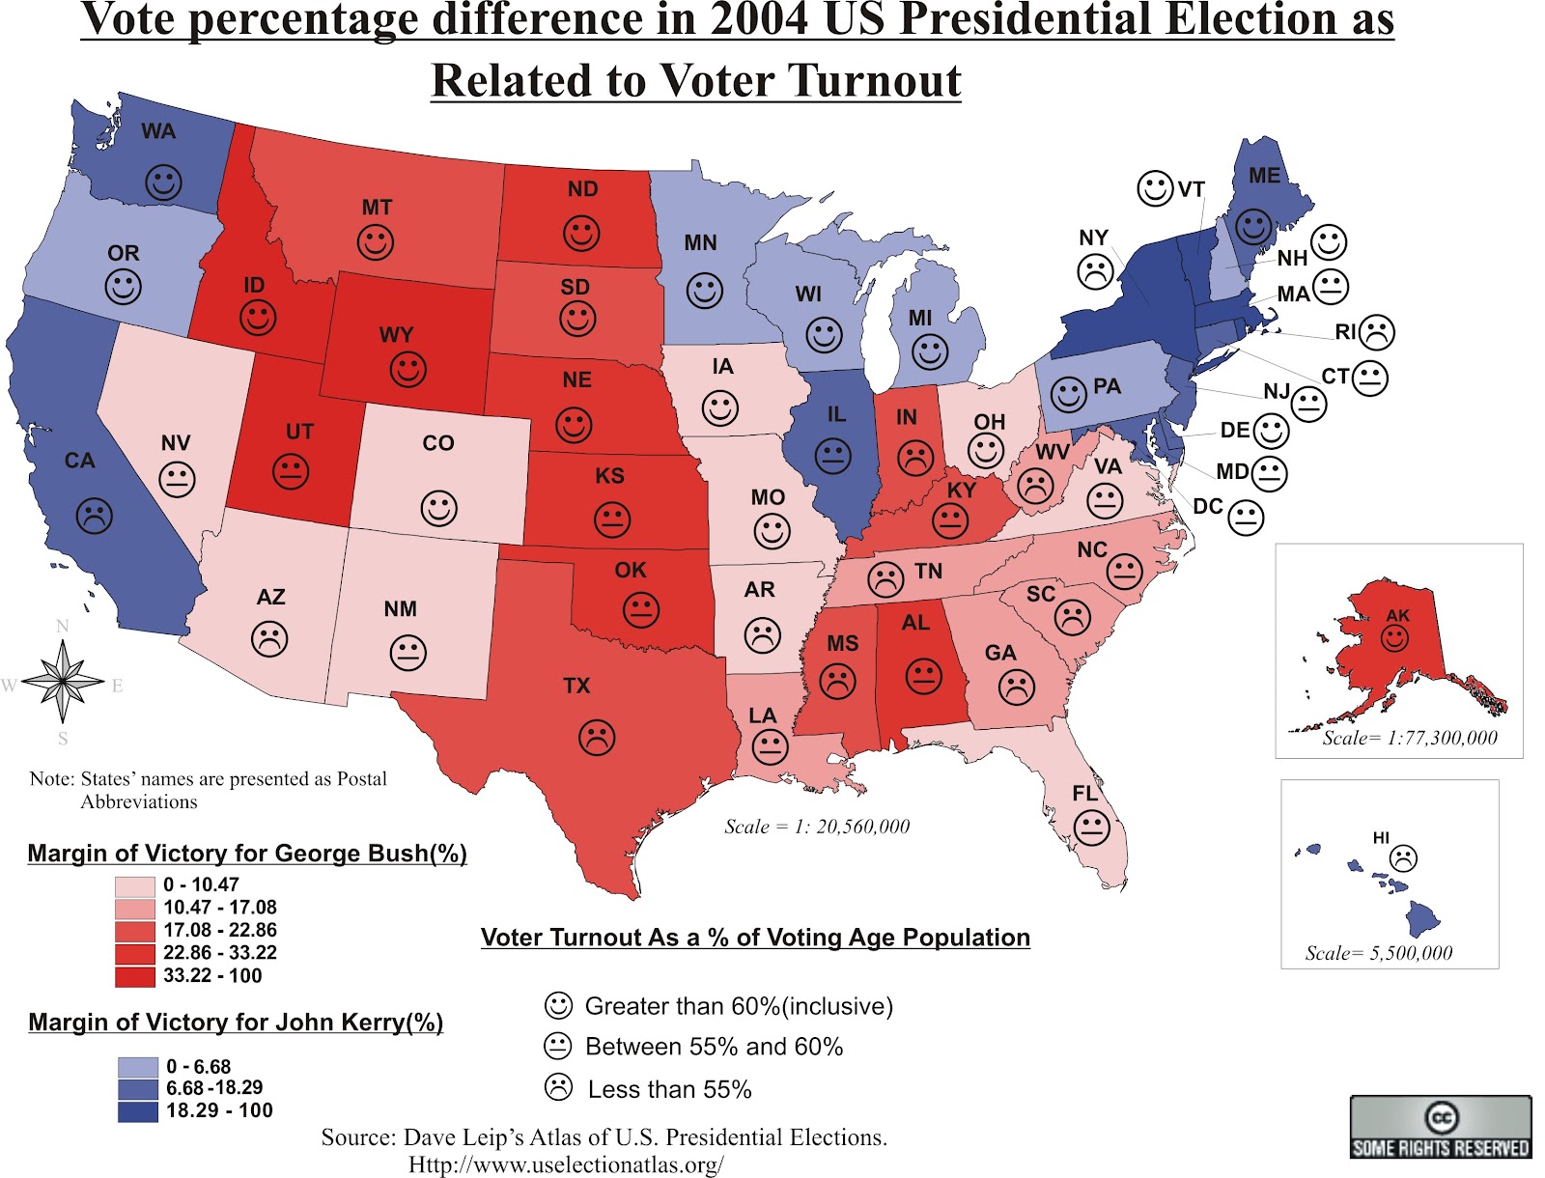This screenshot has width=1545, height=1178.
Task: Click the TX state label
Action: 576,686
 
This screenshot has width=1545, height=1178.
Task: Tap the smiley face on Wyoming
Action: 407,369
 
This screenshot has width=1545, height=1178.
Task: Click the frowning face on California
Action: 94,515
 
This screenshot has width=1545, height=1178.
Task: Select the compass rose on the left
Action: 63,683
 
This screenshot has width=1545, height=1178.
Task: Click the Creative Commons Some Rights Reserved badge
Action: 1440,1127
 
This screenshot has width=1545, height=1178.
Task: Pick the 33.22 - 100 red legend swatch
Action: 134,976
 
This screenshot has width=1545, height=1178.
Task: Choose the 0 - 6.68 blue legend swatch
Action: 137,1067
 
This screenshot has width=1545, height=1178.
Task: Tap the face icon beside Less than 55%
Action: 558,1087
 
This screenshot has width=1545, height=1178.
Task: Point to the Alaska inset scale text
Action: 1409,739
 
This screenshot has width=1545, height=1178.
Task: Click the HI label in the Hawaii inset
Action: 1381,838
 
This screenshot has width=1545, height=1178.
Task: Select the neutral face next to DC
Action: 1246,519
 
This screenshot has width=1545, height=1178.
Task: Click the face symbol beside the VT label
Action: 1155,187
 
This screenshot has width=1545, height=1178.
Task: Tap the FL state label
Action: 1085,793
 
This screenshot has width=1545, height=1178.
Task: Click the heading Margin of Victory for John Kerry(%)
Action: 236,1023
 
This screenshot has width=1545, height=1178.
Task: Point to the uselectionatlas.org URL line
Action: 566,1165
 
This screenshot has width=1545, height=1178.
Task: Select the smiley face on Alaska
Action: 1394,637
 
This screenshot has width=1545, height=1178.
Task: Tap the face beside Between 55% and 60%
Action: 558,1046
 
